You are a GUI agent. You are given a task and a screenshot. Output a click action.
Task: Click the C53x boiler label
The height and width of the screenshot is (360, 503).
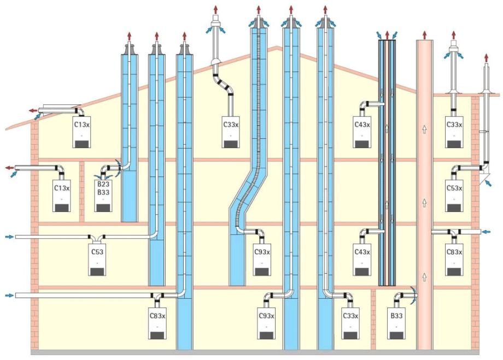pyautogui.click(x=454, y=188)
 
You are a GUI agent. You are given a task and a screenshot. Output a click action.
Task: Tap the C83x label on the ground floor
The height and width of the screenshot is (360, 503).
pyautogui.click(x=157, y=315)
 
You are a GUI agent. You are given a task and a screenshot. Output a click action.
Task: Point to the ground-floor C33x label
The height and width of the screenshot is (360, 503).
pyautogui.click(x=350, y=315)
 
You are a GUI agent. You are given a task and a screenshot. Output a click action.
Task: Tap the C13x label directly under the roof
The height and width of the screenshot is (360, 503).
pyautogui.click(x=82, y=125)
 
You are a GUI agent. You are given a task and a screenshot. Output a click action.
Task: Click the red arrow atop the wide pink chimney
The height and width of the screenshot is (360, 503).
pyautogui.click(x=424, y=34)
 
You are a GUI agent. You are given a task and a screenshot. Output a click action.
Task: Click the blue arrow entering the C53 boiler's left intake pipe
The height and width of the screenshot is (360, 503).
pyautogui.click(x=8, y=237)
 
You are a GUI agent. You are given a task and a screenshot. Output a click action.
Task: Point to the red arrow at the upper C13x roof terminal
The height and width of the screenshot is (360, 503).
pyautogui.click(x=33, y=110)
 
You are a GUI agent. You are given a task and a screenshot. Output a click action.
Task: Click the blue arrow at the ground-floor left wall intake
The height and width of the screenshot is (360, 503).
pyautogui.click(x=8, y=296)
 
